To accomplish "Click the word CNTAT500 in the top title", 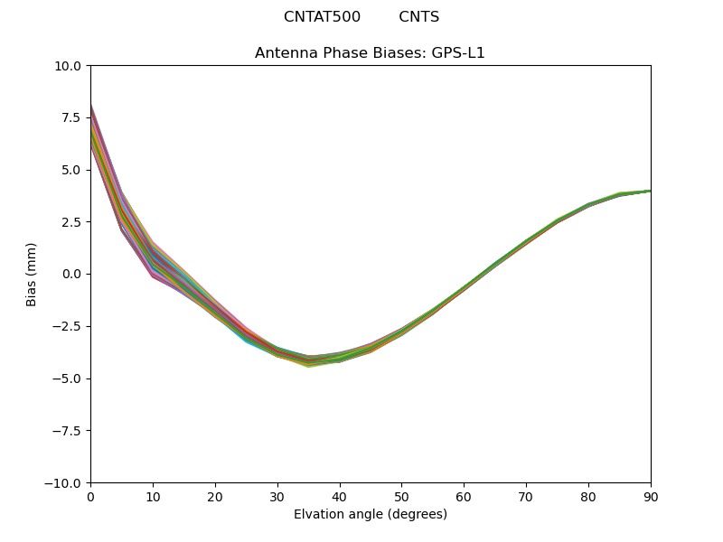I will point(322,17).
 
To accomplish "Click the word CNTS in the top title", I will point(419,17).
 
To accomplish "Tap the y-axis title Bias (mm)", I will point(32,274).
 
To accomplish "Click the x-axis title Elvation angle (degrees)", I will point(371,515).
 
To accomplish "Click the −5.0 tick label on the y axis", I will point(68,378).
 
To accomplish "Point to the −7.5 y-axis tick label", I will point(68,431).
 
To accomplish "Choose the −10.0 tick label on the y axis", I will point(64,483).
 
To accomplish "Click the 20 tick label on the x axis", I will point(215,497).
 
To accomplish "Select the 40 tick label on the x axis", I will point(340,497).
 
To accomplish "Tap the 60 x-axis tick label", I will point(464,497).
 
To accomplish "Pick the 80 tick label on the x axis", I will point(588,497).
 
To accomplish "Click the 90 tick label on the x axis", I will point(651,497).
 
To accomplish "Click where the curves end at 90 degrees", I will point(650,191).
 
